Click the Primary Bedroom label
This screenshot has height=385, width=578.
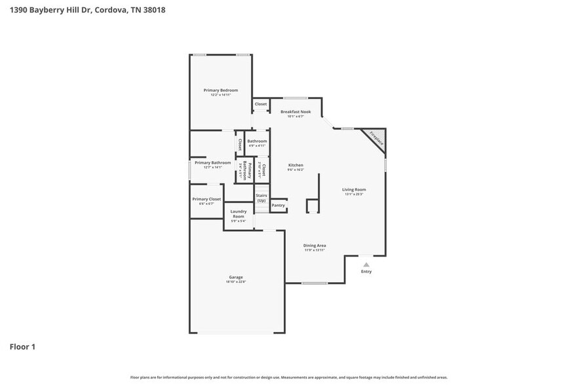click(x=220, y=90)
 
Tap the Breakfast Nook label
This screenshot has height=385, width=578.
click(x=296, y=112)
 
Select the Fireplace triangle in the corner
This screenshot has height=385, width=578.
click(x=376, y=137)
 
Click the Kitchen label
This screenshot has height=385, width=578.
click(x=296, y=165)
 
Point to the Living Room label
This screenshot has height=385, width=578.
click(x=354, y=190)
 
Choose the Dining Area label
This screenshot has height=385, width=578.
click(x=315, y=246)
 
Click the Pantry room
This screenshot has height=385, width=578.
click(x=279, y=206)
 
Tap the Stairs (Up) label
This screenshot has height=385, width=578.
click(x=261, y=198)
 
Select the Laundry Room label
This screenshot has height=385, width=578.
click(x=239, y=213)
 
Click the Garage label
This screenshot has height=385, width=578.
click(x=236, y=277)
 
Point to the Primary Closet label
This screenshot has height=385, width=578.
click(x=206, y=199)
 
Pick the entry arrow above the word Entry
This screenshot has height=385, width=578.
click(x=366, y=264)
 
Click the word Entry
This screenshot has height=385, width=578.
click(x=366, y=272)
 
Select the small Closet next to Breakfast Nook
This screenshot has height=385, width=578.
click(x=261, y=104)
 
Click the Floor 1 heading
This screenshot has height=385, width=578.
click(x=22, y=346)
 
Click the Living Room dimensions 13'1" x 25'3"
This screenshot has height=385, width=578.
click(x=354, y=194)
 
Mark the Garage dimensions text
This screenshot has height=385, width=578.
click(x=236, y=282)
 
